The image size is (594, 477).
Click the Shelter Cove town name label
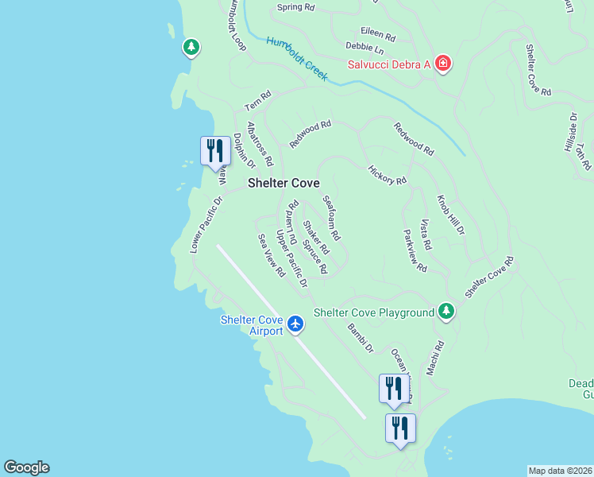coord(283,183)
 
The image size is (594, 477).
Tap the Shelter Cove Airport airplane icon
coord(296,324)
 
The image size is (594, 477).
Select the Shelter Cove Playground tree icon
coord(446,312)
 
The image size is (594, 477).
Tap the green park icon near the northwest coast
coord(191,48)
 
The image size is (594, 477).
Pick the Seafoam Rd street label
coord(331,219)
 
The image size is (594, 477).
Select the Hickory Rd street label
coord(388,175)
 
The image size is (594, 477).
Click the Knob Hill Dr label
coord(450,215)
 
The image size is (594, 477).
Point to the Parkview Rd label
coord(415,251)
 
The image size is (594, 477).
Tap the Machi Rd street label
coord(435,359)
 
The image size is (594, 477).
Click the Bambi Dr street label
coord(361,338)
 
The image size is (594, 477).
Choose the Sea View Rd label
coord(271,254)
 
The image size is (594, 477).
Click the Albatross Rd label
coord(260,144)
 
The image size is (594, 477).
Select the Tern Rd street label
coord(258,101)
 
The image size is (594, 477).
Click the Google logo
coord(26,467)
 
